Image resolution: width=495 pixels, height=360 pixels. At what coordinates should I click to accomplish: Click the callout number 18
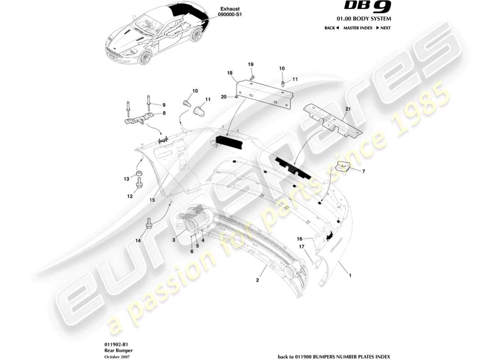[x=229, y=73]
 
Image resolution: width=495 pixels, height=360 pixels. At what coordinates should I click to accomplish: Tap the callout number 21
[x=347, y=109]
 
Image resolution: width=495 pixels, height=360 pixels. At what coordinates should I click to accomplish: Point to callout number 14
[x=138, y=241]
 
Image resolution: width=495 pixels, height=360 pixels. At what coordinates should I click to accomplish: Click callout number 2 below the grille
[x=257, y=280]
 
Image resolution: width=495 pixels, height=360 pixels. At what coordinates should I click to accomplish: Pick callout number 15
[x=152, y=199]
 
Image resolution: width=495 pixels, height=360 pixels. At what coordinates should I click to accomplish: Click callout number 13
[x=126, y=179]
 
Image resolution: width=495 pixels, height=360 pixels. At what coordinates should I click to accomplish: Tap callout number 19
[x=251, y=65]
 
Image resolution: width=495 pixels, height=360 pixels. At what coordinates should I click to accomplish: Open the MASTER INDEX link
[x=357, y=28]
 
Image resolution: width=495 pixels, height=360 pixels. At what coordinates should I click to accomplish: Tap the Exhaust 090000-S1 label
[x=231, y=12]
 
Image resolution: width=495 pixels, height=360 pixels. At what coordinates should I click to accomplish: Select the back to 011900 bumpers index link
[x=334, y=356]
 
